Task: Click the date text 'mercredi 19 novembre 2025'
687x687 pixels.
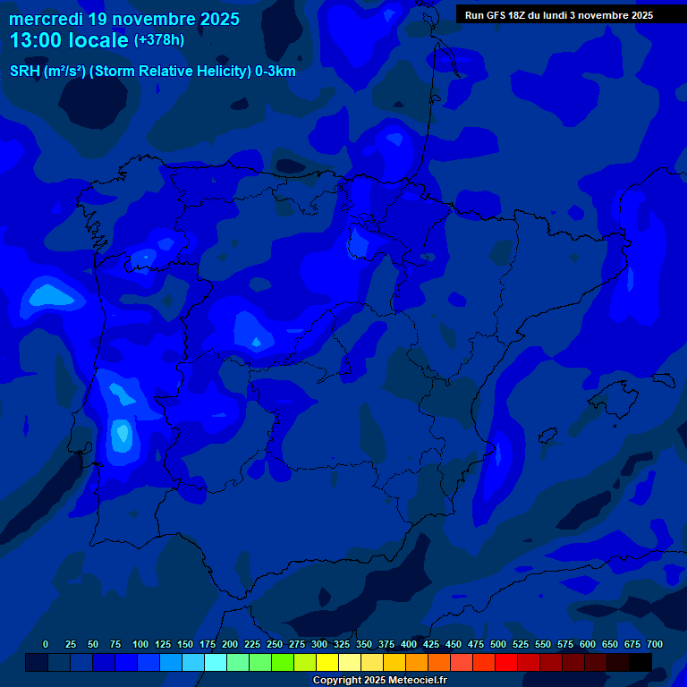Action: [x=124, y=19]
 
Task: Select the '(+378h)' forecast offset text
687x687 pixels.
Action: [x=158, y=40]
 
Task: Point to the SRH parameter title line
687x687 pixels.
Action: [x=152, y=72]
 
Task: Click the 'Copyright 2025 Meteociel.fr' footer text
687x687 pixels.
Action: [x=379, y=681]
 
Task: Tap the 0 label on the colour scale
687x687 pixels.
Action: [x=46, y=645]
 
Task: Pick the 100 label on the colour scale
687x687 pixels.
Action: [x=140, y=645]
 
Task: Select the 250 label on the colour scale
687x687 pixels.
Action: [x=275, y=645]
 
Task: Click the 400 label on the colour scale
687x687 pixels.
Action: [x=409, y=645]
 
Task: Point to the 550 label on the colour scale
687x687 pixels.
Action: [x=543, y=645]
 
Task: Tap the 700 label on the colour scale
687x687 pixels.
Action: [x=655, y=645]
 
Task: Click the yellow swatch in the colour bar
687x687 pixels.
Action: [x=327, y=662]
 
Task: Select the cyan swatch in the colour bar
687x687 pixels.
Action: [x=216, y=662]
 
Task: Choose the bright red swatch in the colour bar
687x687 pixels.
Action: [x=506, y=662]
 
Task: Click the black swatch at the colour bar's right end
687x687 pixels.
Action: [x=640, y=662]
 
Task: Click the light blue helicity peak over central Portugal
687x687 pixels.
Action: [x=121, y=434]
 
